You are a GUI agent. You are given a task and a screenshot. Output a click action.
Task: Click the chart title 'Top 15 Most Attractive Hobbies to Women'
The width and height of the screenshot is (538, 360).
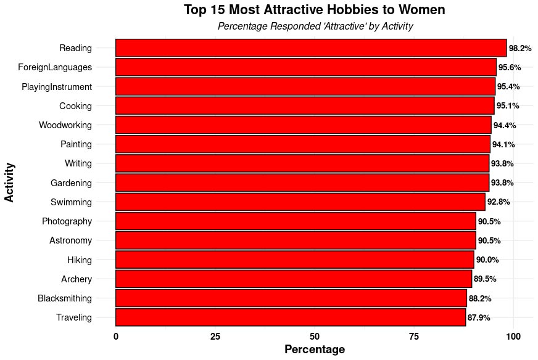(315, 10)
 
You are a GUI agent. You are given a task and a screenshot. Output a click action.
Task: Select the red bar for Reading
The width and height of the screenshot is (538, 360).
(310, 48)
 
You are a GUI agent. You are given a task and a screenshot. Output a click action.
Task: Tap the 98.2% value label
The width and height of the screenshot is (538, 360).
(519, 48)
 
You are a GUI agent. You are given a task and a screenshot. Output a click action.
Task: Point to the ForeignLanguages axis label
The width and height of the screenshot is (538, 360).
(55, 67)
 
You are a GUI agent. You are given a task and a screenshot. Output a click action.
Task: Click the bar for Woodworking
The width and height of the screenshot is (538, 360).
(303, 125)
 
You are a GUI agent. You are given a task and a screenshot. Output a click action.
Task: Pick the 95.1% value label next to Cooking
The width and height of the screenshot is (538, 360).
(508, 106)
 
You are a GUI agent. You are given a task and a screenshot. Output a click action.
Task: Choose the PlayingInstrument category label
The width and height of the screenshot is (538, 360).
(57, 87)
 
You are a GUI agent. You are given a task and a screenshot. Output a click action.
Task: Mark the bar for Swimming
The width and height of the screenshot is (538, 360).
(300, 202)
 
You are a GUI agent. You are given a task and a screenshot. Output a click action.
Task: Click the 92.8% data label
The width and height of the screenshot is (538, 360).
(499, 202)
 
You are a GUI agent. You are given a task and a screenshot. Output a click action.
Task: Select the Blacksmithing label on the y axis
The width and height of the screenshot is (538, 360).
(65, 298)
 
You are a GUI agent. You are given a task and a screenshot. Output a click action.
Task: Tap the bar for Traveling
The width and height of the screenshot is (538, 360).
(290, 317)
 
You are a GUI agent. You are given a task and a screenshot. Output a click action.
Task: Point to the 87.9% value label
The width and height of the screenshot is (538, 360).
(479, 318)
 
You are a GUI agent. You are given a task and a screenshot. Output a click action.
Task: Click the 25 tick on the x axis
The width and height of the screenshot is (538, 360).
(215, 337)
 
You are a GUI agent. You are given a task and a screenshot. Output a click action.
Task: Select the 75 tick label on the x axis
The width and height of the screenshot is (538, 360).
(414, 337)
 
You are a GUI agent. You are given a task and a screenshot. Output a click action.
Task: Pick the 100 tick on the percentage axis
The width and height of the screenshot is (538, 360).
(513, 337)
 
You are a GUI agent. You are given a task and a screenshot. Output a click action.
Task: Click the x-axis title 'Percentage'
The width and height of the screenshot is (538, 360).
(315, 350)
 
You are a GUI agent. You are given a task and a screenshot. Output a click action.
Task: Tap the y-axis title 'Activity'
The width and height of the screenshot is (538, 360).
(9, 182)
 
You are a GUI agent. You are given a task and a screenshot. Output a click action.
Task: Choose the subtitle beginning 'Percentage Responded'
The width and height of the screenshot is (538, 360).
(315, 27)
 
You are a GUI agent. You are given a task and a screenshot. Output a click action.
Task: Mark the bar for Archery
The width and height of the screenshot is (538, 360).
(293, 279)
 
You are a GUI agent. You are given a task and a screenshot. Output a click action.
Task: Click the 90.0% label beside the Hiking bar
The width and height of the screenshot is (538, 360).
(487, 260)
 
